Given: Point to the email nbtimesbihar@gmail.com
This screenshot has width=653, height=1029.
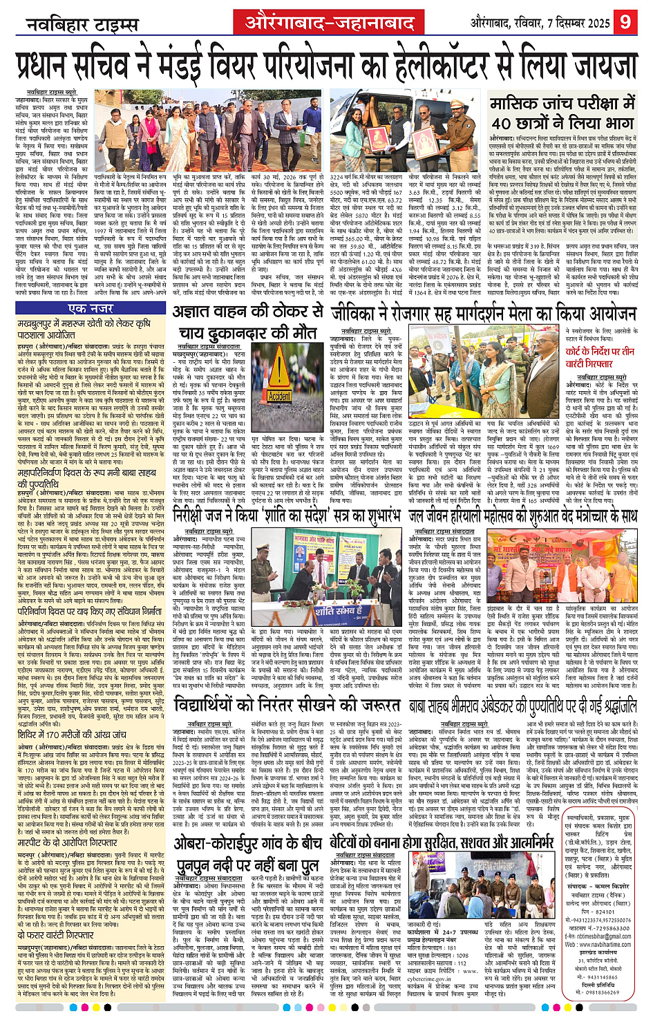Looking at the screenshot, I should [x=604, y=936].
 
